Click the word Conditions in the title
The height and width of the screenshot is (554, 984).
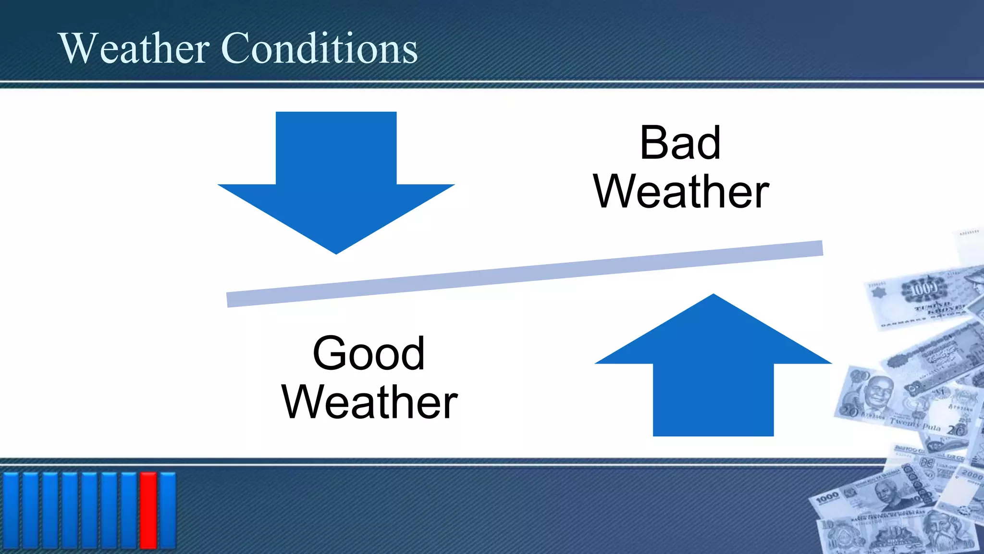(320, 48)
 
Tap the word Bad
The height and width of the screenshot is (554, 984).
(680, 143)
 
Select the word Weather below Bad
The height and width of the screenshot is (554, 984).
(681, 192)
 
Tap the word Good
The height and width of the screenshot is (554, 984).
(369, 353)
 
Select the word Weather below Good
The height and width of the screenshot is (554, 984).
(369, 402)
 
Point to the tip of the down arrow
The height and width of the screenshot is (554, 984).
(336, 252)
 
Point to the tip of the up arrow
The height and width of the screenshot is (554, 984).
(713, 296)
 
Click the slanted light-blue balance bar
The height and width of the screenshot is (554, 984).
(524, 274)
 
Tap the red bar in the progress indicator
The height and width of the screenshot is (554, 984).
(148, 510)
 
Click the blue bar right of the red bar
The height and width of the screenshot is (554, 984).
(168, 510)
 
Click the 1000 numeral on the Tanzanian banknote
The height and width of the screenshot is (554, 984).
(827, 498)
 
